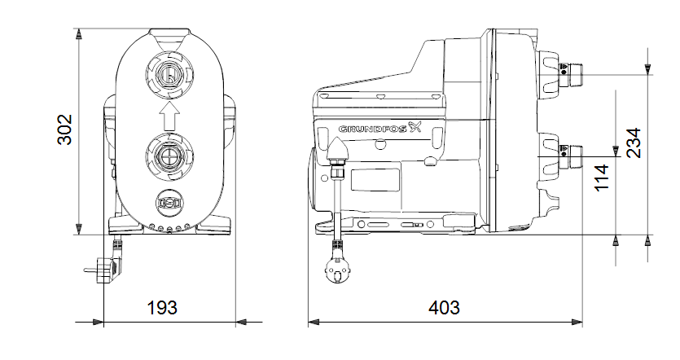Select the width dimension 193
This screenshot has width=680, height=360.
162,308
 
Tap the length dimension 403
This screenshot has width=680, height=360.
444,308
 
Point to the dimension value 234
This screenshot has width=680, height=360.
634,143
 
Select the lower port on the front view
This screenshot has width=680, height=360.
169,155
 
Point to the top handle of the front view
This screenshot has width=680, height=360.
169,33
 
